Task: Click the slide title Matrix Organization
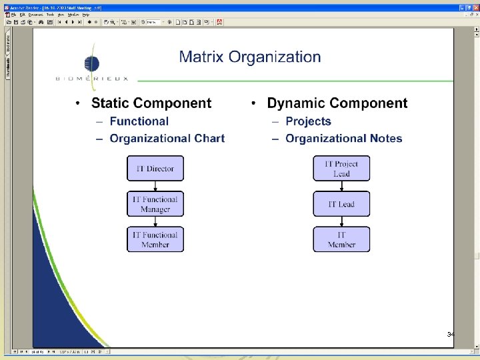click(250, 57)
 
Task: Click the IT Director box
click(155, 169)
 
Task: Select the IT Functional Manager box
click(155, 204)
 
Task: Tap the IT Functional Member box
click(155, 239)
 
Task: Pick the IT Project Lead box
click(341, 169)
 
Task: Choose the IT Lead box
click(341, 204)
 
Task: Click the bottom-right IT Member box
click(341, 239)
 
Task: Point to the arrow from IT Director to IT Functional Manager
click(155, 186)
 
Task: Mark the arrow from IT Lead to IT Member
click(341, 221)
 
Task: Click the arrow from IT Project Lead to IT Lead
click(341, 186)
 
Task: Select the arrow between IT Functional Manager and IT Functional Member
click(155, 221)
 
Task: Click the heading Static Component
click(151, 103)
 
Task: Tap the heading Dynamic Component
click(337, 103)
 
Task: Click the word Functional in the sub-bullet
click(139, 121)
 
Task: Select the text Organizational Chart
click(167, 139)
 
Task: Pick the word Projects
click(308, 121)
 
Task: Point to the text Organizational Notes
click(343, 139)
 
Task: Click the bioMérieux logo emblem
click(91, 64)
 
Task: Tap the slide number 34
click(451, 334)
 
